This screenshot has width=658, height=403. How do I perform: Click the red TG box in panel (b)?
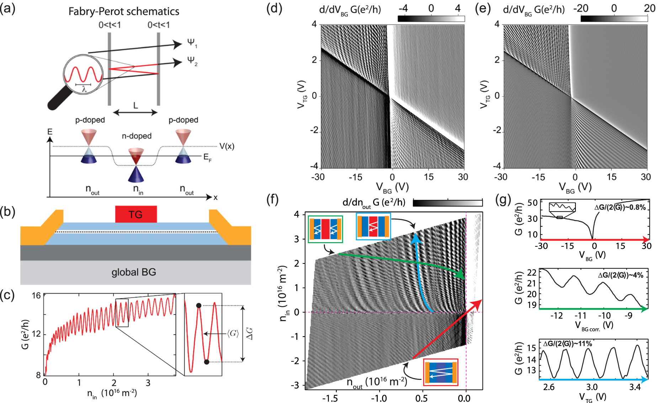pos(136,214)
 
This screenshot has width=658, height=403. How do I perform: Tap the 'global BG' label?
pos(134,272)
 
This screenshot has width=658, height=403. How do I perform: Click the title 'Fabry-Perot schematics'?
pos(124,11)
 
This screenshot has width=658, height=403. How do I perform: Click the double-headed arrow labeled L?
pos(135,112)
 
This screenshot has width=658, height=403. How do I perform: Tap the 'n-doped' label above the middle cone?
pos(137,136)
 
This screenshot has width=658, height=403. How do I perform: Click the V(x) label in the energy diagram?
pos(227,146)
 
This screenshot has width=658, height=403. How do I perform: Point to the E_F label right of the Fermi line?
pos(207,157)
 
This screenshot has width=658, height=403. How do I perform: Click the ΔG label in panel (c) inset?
pos(250,334)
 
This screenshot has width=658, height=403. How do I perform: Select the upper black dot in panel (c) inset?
pos(199,305)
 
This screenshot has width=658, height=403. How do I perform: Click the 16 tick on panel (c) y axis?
pos(36,295)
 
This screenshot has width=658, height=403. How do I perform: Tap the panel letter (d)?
pos(274,8)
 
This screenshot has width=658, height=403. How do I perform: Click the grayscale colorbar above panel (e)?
pos(614,19)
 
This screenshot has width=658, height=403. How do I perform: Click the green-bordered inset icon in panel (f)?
pos(325,229)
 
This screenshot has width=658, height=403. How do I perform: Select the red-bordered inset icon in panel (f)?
pos(440,372)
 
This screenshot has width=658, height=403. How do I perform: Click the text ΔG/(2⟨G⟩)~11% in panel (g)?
pos(568,344)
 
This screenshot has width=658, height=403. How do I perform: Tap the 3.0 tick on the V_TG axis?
pos(592,387)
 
